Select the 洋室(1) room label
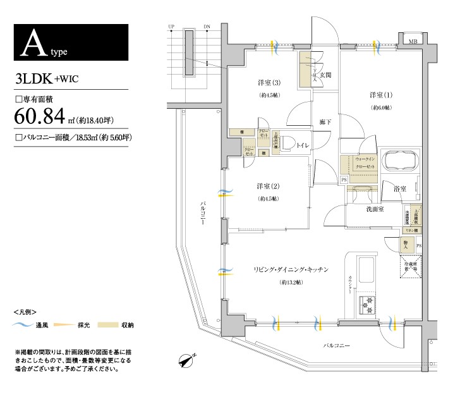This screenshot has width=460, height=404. (381, 95)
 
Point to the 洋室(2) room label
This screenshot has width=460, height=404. (268, 186)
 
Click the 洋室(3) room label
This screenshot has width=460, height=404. (269, 83)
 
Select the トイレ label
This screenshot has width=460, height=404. (302, 146)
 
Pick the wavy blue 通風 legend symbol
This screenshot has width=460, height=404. (23, 325)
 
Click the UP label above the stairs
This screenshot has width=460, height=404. (171, 27)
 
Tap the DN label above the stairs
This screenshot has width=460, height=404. (207, 27)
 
